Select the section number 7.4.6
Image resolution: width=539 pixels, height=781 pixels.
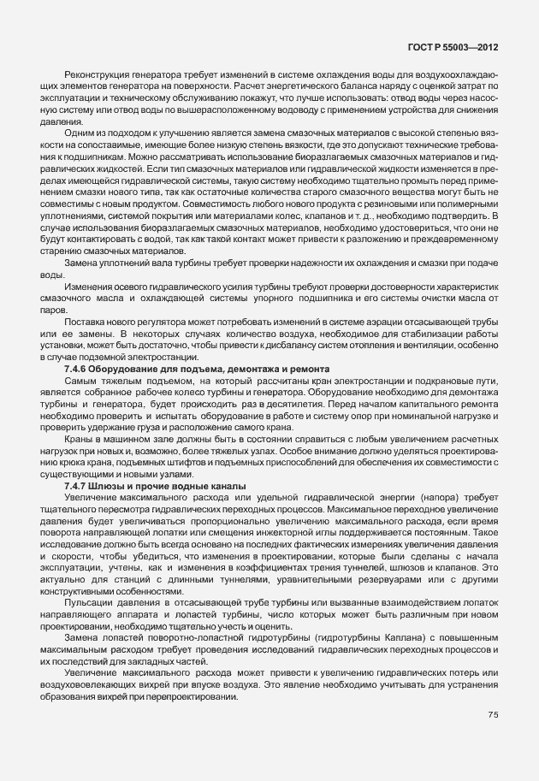pyautogui.click(x=77, y=368)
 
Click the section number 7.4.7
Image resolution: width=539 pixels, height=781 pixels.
pyautogui.click(x=77, y=485)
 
